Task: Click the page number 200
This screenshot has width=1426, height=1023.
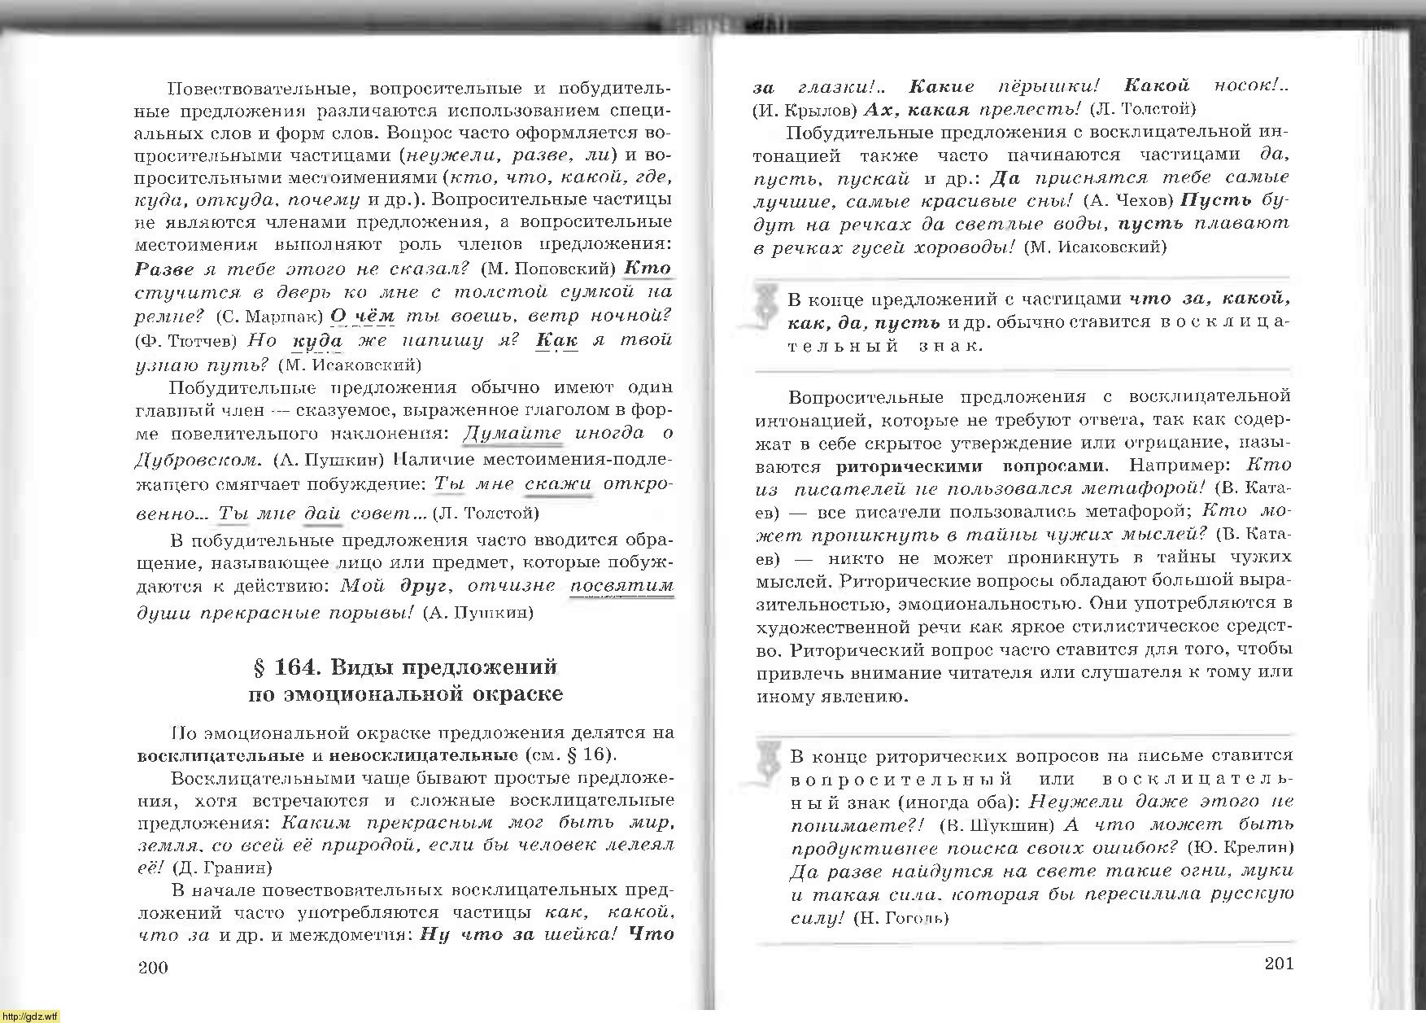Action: pyautogui.click(x=153, y=967)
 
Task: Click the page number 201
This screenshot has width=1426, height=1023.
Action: pyautogui.click(x=1279, y=964)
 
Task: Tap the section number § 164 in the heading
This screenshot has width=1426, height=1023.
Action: pyautogui.click(x=284, y=667)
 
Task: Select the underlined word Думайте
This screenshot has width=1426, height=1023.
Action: pyautogui.click(x=512, y=433)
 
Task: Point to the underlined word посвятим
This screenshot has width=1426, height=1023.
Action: pyautogui.click(x=622, y=586)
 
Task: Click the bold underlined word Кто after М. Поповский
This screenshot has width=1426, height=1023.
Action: pyautogui.click(x=648, y=268)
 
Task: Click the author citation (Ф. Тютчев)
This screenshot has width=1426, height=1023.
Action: pyautogui.click(x=185, y=339)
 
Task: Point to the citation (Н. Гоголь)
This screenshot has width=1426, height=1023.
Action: pyautogui.click(x=901, y=918)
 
